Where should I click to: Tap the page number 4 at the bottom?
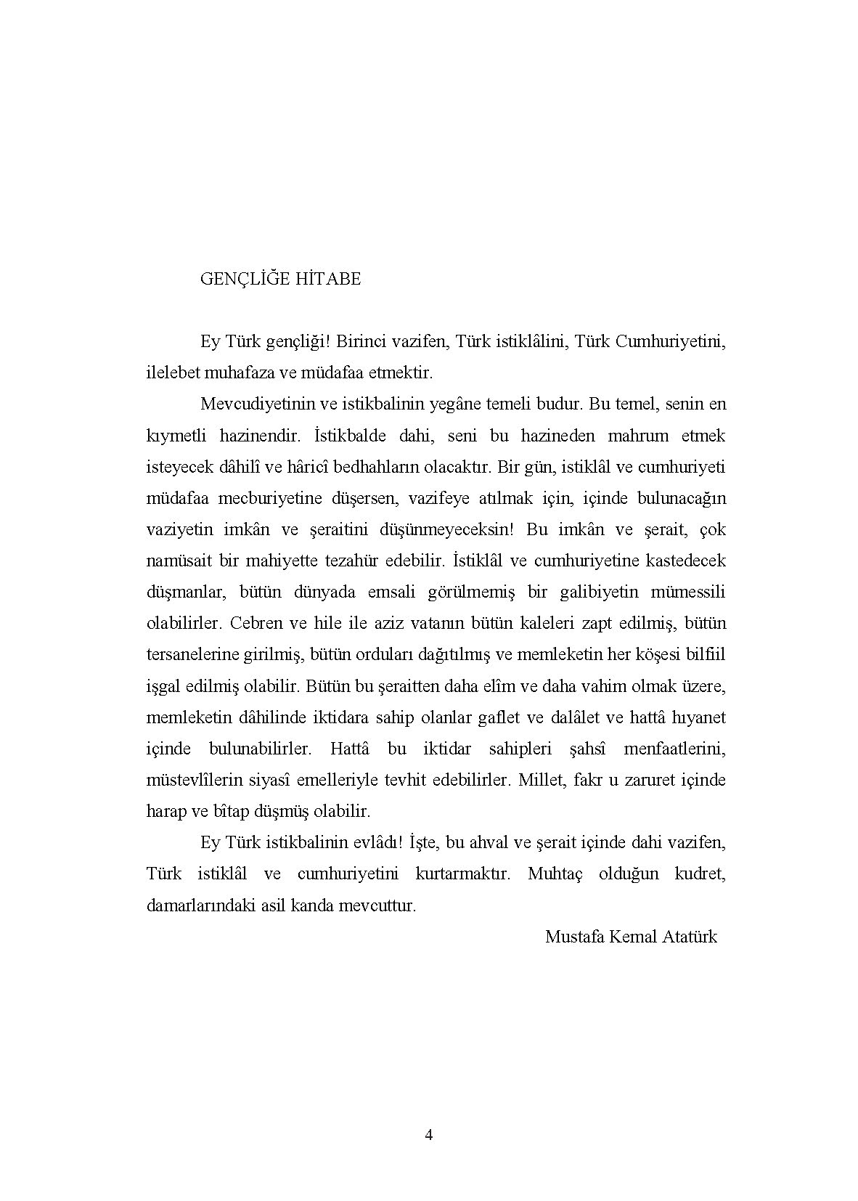(428, 1135)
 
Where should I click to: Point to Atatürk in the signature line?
(689, 937)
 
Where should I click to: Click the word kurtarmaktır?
(462, 874)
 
